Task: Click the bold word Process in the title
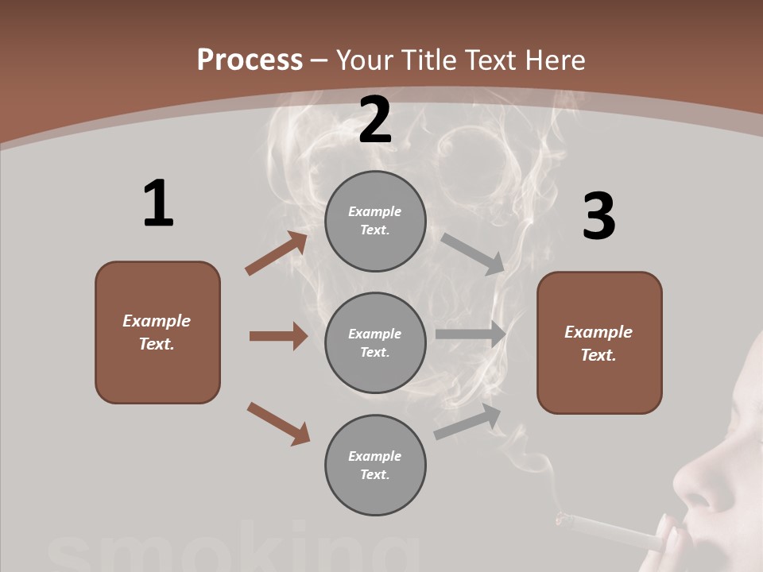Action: coord(250,60)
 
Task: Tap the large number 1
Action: coord(157,204)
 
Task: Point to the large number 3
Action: coord(598,217)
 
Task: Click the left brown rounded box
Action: coord(157,332)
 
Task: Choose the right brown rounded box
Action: coord(599,342)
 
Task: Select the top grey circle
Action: coord(375,221)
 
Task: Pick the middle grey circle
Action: coord(375,342)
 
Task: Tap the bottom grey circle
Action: coord(375,465)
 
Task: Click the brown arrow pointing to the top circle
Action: coord(276,253)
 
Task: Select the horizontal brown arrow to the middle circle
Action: coord(277,336)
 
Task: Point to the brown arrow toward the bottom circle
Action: coord(278,423)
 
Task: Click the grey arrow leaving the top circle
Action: coord(473,253)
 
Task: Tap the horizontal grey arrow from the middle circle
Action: coord(471,334)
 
